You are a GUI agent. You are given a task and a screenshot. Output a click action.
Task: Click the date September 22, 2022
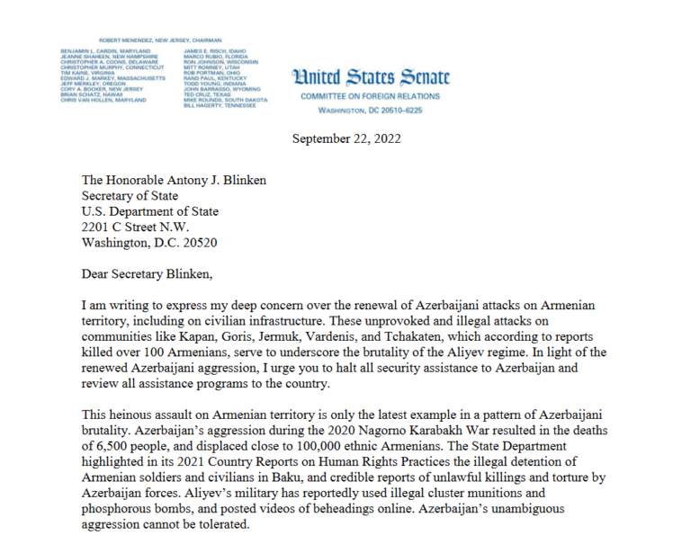tap(347, 138)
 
